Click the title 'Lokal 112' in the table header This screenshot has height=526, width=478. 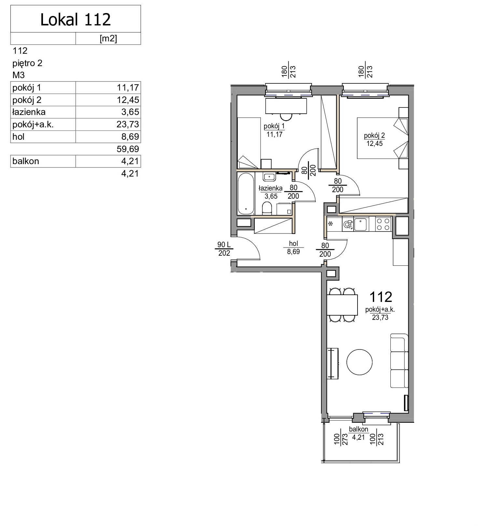[76, 20]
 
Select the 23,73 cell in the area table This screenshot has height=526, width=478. [128, 124]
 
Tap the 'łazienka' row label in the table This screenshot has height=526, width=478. [29, 112]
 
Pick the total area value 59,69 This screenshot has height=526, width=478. [128, 149]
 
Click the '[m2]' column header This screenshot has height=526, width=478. [108, 38]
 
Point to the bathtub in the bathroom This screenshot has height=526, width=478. [246, 194]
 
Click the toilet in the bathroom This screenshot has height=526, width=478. [267, 208]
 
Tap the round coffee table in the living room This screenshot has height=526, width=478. [359, 362]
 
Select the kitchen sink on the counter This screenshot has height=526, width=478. [360, 224]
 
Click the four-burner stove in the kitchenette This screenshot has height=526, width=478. [383, 224]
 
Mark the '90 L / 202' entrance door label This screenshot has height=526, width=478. [224, 249]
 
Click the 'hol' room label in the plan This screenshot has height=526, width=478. [293, 244]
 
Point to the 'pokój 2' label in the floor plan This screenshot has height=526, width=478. [374, 135]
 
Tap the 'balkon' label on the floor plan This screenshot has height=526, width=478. [358, 429]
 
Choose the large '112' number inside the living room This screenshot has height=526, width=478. [381, 297]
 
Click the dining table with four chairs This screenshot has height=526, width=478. [342, 305]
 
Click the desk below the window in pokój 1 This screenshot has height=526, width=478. [286, 106]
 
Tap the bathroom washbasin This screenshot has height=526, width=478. [269, 177]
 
